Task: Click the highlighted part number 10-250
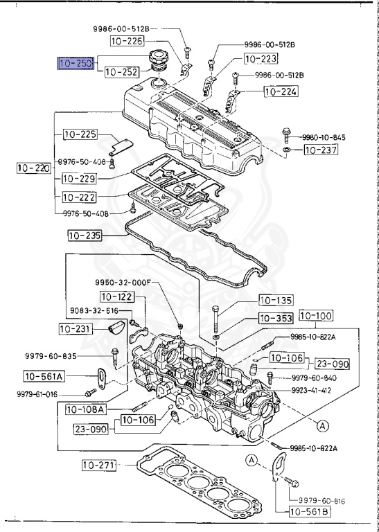[x=76, y=64]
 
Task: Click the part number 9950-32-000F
[x=123, y=283]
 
